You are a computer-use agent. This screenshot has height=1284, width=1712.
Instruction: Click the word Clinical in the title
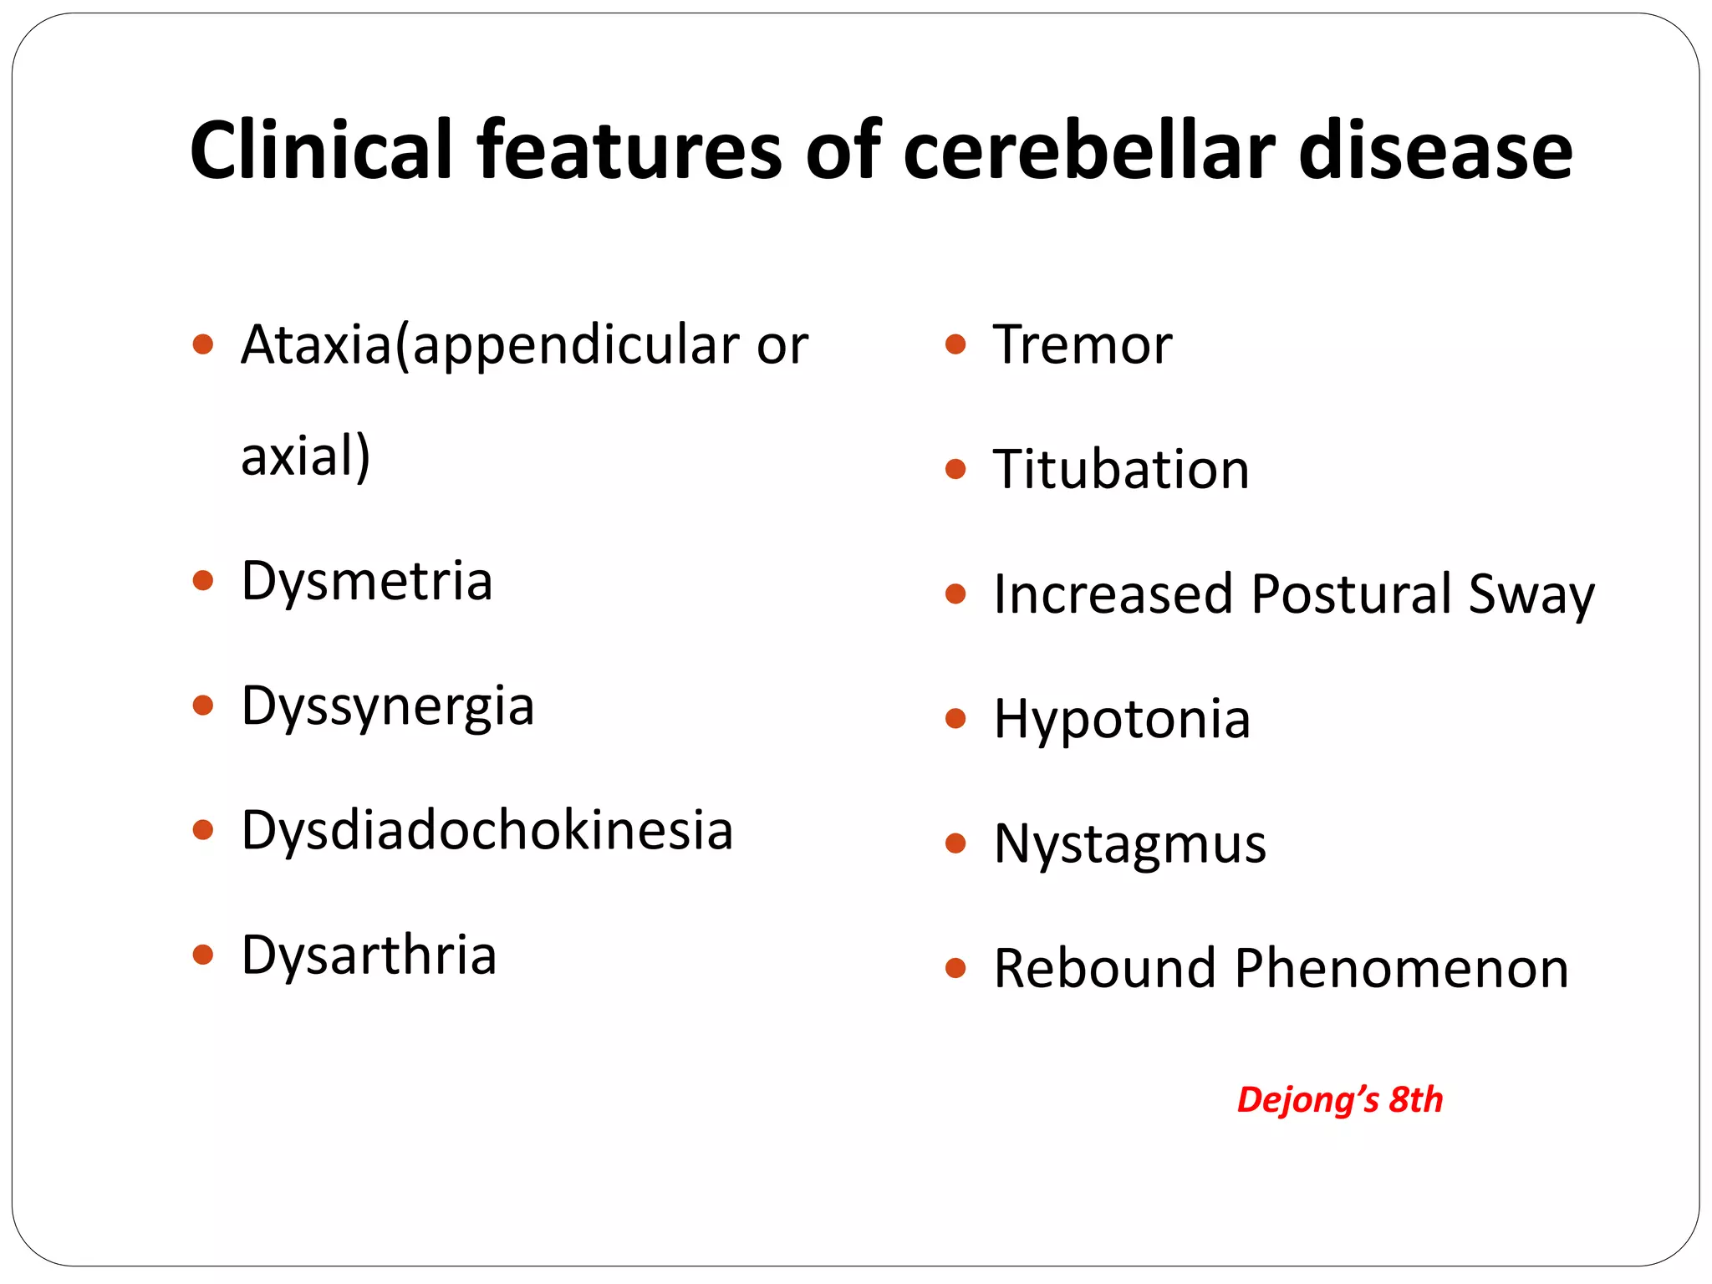click(320, 150)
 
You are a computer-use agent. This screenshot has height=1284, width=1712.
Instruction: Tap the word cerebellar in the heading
click(1089, 150)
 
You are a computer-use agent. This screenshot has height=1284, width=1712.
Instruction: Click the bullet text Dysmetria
click(366, 580)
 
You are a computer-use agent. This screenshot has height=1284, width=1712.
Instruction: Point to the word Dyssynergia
click(387, 706)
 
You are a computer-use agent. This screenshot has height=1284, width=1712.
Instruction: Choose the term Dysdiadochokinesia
click(487, 830)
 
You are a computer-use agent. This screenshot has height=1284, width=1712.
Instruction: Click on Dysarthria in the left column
click(369, 955)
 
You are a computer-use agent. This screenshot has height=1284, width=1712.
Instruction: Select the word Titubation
click(1121, 469)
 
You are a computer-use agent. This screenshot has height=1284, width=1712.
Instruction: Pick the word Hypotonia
click(1122, 719)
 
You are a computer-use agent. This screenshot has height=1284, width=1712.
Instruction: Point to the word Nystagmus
click(1129, 843)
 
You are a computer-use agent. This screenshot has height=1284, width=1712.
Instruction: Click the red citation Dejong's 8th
click(1339, 1099)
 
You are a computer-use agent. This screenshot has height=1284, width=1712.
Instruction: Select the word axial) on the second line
click(305, 456)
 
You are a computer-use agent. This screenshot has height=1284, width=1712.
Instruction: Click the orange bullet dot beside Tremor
click(955, 344)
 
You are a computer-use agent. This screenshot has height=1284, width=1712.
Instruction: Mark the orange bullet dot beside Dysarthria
click(202, 955)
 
